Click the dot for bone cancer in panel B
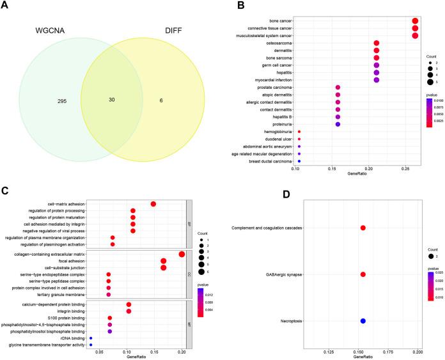pos(415,20)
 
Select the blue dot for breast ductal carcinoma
pos(299,161)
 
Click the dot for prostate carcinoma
pos(338,87)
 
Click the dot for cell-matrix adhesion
pos(153,204)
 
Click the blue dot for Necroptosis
pos(363,321)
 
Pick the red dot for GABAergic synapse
pos(363,274)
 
